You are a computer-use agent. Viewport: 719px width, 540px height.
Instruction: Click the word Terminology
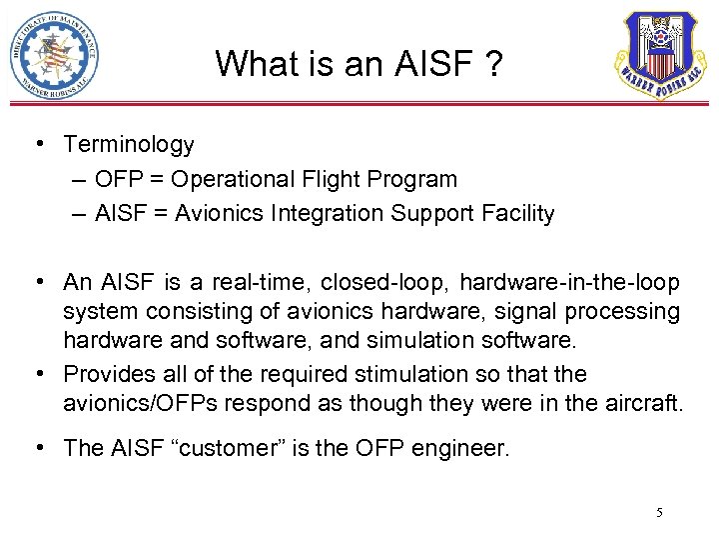tap(129, 145)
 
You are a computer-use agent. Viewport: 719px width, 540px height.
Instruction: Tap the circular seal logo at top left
tap(54, 55)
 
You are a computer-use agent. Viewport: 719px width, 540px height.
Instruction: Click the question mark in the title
tap(493, 65)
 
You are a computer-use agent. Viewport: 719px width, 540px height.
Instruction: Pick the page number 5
tap(659, 513)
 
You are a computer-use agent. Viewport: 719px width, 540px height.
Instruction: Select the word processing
tap(619, 312)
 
